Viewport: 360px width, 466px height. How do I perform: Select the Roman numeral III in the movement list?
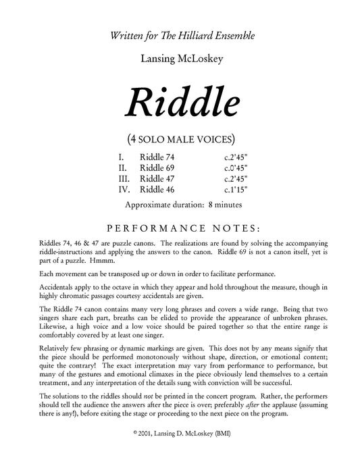(124, 178)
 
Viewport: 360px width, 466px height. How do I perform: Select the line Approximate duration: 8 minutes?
(180, 205)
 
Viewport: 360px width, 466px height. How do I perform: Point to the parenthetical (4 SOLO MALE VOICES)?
(180, 140)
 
